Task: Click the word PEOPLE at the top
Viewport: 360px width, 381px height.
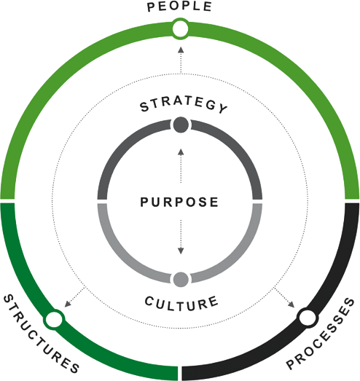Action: point(179,7)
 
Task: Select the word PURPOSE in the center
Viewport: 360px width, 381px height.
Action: point(179,203)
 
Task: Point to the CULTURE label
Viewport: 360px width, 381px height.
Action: point(181,304)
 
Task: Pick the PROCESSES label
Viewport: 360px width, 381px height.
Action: point(321,334)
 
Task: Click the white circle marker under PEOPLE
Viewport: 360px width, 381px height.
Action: point(181,29)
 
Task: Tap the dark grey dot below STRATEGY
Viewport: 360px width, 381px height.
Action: point(181,125)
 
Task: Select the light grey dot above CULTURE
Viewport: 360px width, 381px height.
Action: point(181,280)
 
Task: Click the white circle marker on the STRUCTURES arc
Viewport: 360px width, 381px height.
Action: point(54,320)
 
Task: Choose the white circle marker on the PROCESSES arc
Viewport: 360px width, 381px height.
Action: point(308,318)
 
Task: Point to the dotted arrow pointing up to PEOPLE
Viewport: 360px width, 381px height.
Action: point(181,60)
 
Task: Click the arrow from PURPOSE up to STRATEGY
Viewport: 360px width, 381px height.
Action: point(181,165)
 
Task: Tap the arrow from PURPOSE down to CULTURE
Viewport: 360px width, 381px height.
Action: point(181,237)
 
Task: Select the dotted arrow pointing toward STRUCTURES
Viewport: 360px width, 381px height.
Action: point(74,297)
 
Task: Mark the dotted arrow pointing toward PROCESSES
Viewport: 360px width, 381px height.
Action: point(285,298)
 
